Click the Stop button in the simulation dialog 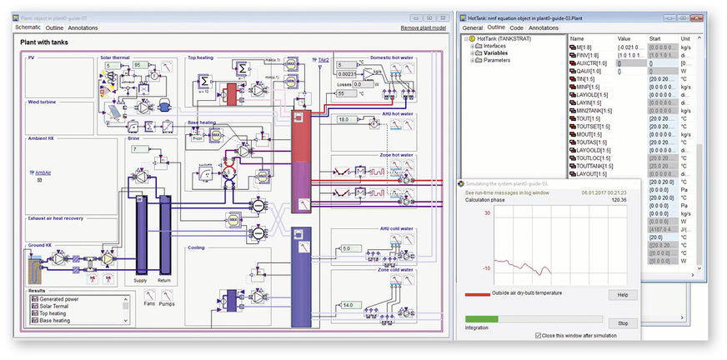tap(622, 322)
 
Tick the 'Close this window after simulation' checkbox tap(539, 336)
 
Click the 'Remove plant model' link tap(423, 27)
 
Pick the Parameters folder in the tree tap(499, 60)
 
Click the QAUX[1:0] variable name tap(589, 70)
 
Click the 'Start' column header tap(654, 38)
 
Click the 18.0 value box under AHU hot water tap(346, 120)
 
